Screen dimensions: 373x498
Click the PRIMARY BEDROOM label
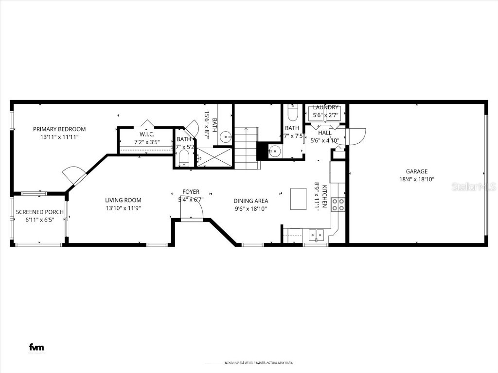(x=59, y=129)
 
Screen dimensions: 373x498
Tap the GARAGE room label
(x=417, y=171)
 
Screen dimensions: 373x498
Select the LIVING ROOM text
(x=123, y=200)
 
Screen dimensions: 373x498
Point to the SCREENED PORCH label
(x=40, y=212)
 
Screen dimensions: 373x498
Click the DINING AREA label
(x=250, y=201)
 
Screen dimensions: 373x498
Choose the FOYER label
(x=191, y=192)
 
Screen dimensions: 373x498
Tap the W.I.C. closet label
(x=147, y=135)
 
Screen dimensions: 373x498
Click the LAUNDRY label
(x=325, y=107)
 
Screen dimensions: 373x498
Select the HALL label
(x=324, y=133)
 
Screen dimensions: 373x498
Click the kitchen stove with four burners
(x=338, y=205)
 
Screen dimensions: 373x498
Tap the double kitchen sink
(x=316, y=235)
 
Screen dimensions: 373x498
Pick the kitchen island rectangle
(x=299, y=199)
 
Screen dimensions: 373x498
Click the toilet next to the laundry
(x=292, y=112)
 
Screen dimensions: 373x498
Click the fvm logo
(x=36, y=347)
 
